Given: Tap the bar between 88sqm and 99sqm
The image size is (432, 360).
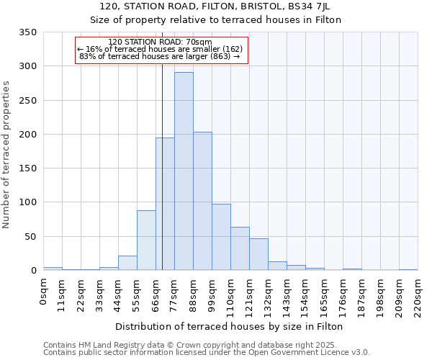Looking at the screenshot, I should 202,201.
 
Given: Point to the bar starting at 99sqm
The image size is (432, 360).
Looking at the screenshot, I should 221,237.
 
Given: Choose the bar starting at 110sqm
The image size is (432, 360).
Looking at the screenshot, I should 240,248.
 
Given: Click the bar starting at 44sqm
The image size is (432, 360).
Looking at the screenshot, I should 127,263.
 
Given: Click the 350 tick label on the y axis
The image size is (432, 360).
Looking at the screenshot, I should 27,32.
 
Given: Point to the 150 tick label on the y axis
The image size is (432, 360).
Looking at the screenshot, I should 27,168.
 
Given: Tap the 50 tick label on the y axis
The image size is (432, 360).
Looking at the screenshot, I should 30,236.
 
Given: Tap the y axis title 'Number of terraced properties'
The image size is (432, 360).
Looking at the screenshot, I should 7,155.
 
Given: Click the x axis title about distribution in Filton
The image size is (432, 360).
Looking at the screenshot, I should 229,326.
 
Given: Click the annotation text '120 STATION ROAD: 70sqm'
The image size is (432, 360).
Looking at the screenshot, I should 160,42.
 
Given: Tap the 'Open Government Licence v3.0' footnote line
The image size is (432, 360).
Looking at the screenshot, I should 207,353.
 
